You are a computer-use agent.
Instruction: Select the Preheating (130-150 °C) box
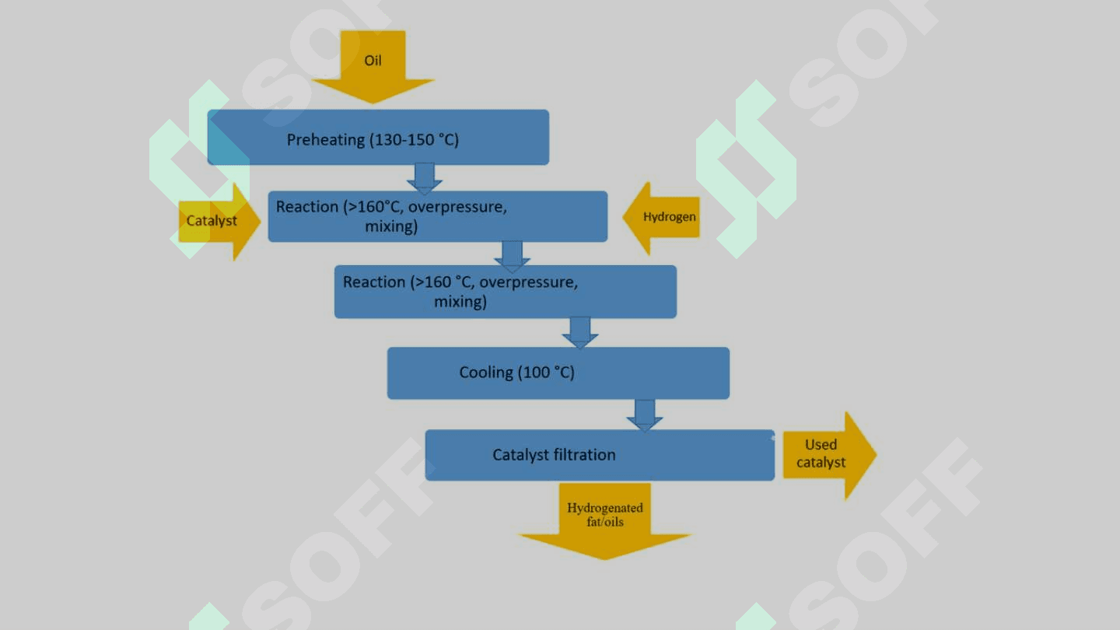(378, 138)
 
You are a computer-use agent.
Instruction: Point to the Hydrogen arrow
(662, 218)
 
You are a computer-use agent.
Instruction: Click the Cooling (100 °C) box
(558, 373)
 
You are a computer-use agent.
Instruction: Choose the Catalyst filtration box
(599, 455)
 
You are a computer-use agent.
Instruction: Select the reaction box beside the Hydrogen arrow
(437, 216)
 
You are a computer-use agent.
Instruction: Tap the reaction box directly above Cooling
(505, 292)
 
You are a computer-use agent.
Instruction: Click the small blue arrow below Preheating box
(425, 178)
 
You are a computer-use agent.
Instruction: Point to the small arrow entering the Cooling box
(580, 332)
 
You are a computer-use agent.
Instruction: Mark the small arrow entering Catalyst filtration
(645, 415)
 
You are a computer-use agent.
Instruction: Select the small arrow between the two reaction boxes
(512, 254)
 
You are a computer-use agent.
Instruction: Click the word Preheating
(325, 140)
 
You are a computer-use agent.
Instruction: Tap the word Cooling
(485, 373)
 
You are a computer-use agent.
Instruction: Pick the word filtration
(584, 455)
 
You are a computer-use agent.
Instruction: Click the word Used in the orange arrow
(821, 445)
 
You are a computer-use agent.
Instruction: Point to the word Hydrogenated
(604, 508)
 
